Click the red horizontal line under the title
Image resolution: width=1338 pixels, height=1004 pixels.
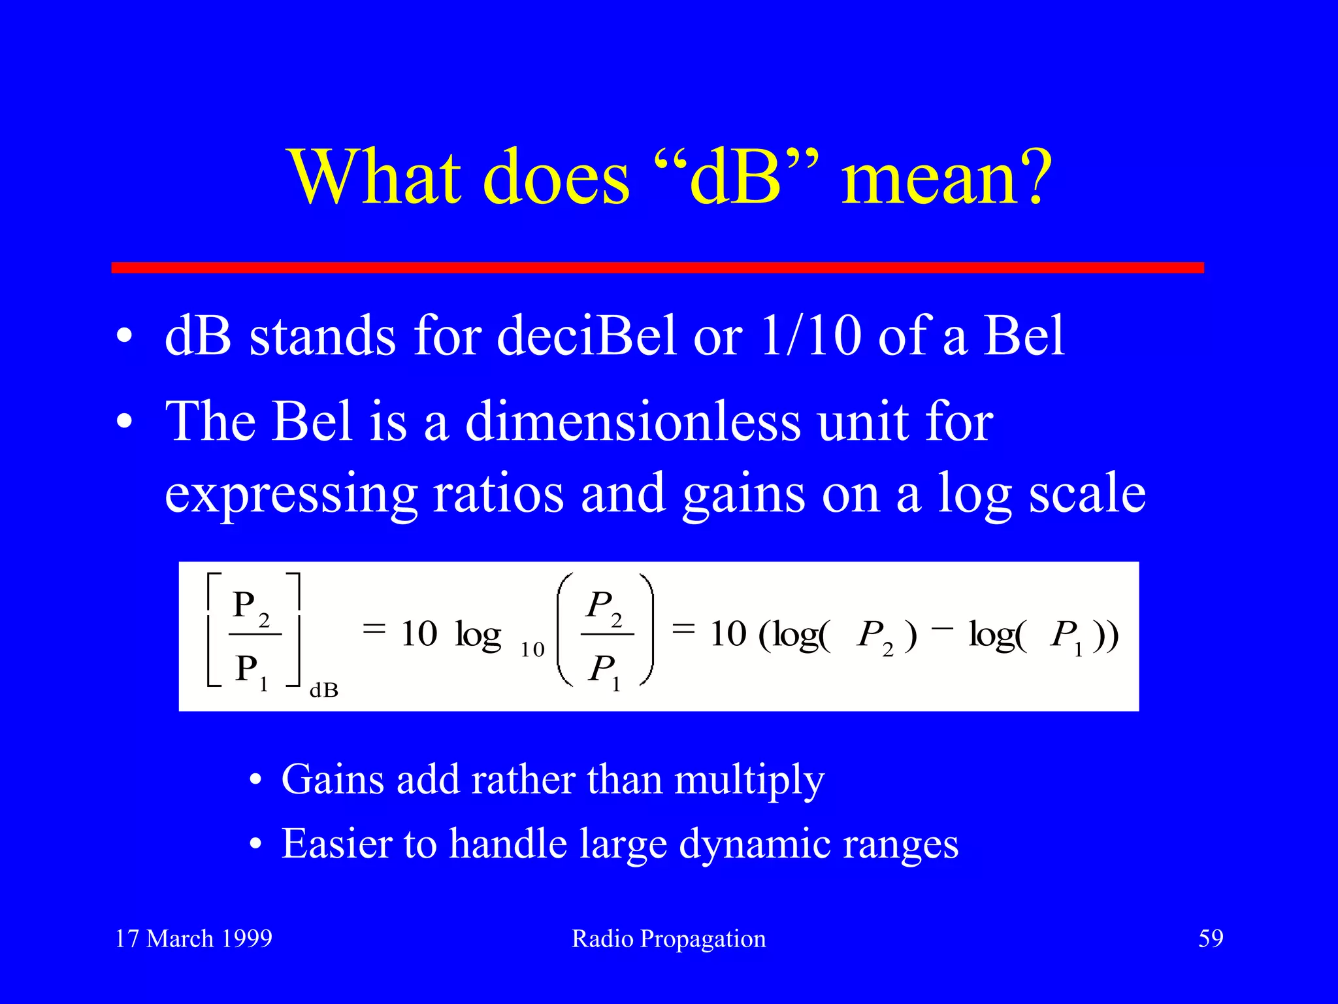657,267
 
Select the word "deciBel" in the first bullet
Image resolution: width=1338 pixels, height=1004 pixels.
586,336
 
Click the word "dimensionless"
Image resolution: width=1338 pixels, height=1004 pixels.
632,422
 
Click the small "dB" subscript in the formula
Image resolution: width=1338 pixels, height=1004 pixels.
323,690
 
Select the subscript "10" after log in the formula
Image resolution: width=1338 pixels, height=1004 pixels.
532,650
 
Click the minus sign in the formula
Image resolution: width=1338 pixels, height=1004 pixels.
942,627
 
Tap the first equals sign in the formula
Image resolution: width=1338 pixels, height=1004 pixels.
374,629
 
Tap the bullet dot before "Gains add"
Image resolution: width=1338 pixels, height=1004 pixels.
255,780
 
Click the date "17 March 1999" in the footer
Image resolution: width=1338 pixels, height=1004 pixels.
193,939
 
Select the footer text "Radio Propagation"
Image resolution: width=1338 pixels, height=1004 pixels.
668,939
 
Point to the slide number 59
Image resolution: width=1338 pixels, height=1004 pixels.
1210,939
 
